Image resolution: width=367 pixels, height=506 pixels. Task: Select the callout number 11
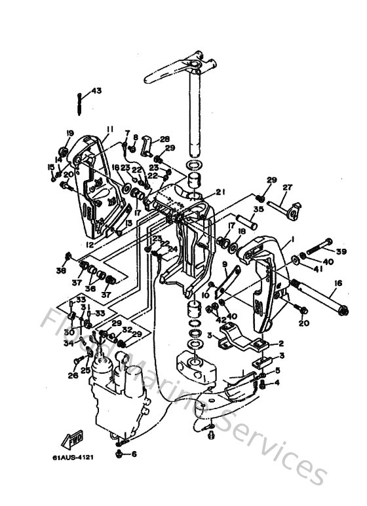pyautogui.click(x=109, y=128)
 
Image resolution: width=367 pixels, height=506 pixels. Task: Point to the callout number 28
pyautogui.click(x=164, y=139)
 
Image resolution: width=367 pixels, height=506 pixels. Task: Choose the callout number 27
pyautogui.click(x=286, y=187)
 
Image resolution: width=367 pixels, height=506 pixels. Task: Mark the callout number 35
pyautogui.click(x=258, y=210)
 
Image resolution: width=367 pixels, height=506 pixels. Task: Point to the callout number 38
pyautogui.click(x=61, y=270)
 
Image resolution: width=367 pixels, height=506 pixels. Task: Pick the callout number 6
pyautogui.click(x=134, y=454)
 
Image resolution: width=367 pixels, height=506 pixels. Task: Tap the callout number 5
pyautogui.click(x=277, y=370)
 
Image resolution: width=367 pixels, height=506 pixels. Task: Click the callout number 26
pyautogui.click(x=72, y=376)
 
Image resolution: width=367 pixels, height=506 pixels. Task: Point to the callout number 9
pyautogui.click(x=225, y=264)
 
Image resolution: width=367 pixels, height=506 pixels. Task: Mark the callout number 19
pyautogui.click(x=69, y=134)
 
